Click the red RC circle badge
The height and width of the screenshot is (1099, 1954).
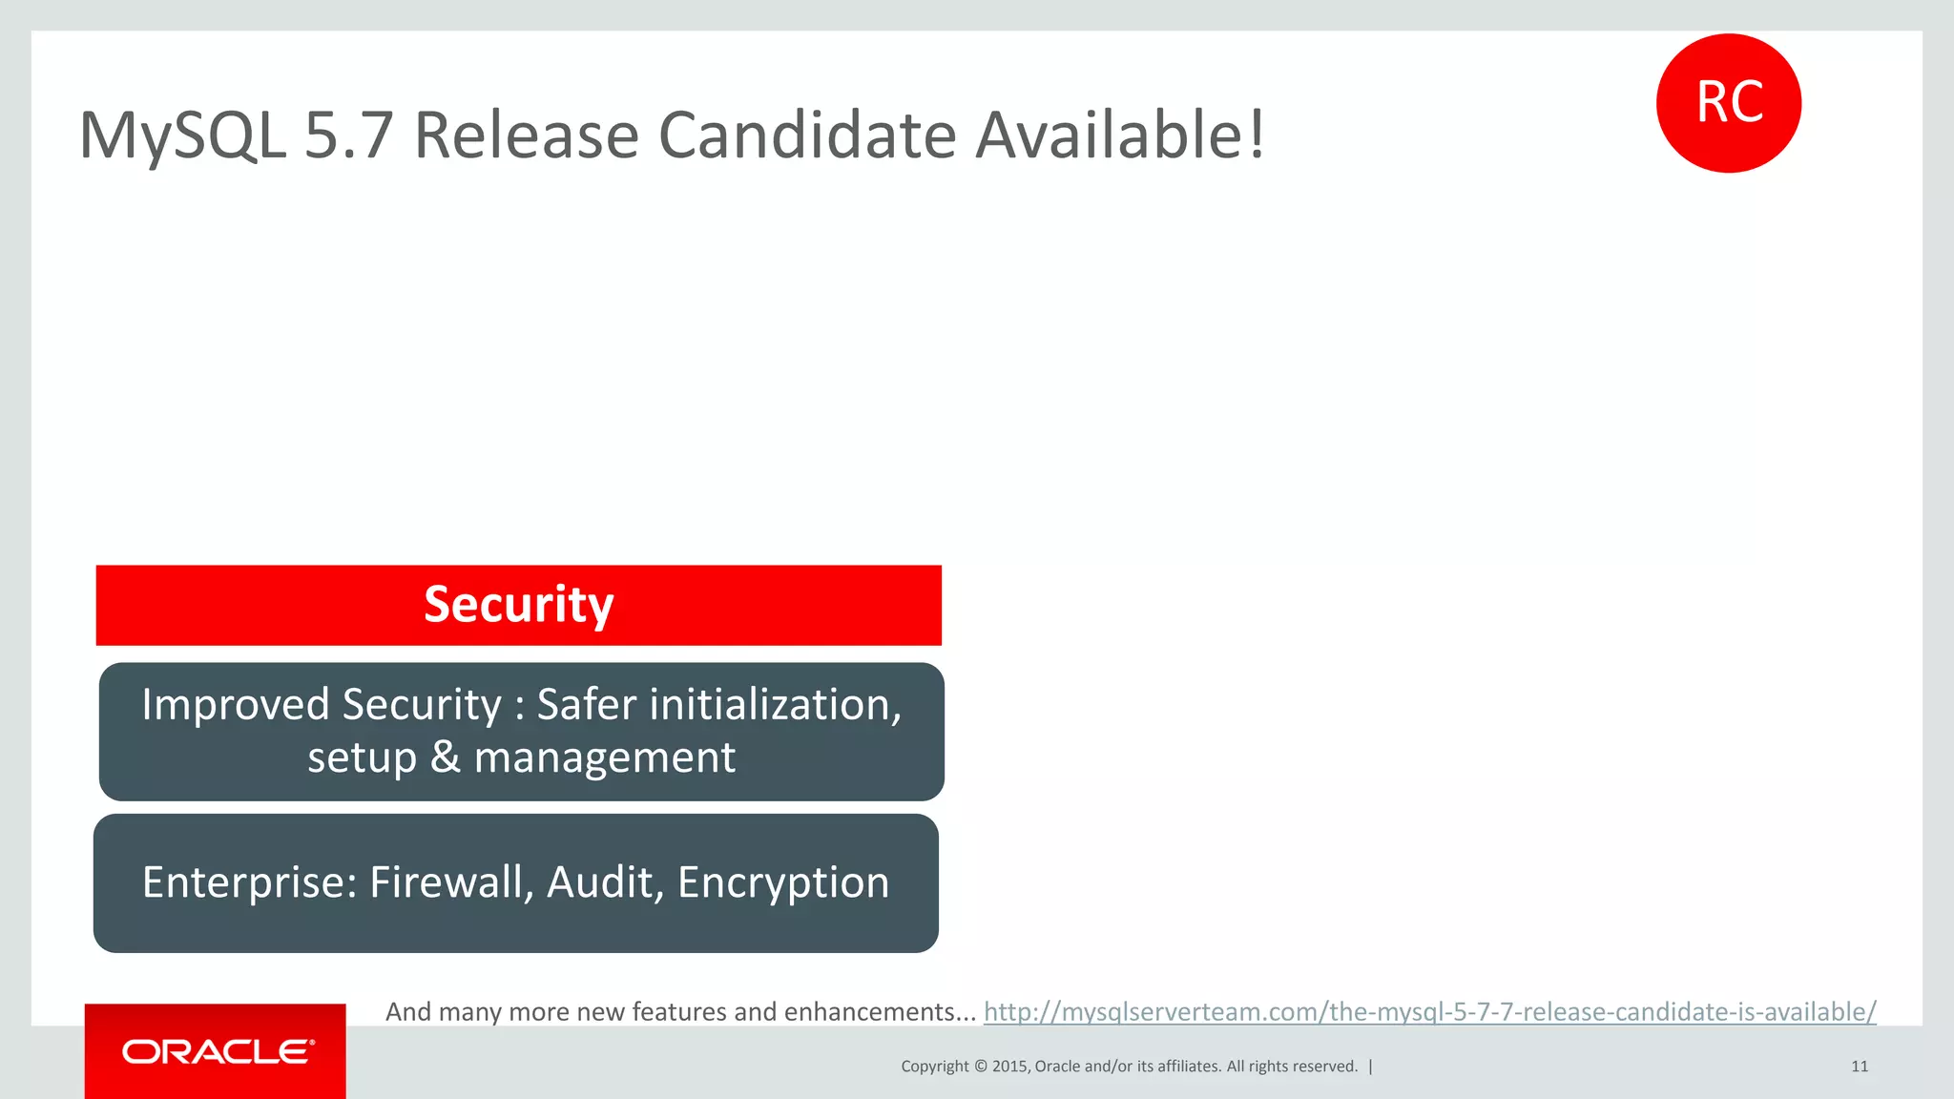click(x=1728, y=103)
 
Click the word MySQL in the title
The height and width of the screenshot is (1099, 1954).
click(x=181, y=135)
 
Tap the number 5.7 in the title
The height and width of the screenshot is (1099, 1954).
click(x=348, y=135)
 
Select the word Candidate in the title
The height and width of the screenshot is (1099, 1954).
click(x=806, y=135)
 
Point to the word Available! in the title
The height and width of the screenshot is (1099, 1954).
click(x=1120, y=135)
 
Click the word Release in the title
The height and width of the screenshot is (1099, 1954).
click(x=526, y=135)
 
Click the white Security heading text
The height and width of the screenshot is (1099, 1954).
click(x=518, y=605)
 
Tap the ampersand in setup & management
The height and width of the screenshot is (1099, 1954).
click(x=445, y=757)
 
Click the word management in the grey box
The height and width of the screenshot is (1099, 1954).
click(x=604, y=757)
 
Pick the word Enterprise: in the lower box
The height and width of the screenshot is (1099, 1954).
click(x=250, y=882)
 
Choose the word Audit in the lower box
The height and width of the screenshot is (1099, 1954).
click(x=605, y=882)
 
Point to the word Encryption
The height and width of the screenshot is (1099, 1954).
click(x=782, y=882)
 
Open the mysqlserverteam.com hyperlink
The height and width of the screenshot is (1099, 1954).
click(x=1429, y=1011)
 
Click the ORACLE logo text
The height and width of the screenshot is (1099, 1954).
click(x=218, y=1051)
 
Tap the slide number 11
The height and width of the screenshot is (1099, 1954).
click(x=1859, y=1067)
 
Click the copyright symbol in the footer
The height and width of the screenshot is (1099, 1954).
click(x=980, y=1067)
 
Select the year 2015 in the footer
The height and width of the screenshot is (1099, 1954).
click(x=1009, y=1067)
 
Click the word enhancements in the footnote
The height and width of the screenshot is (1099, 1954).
click(x=878, y=1011)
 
